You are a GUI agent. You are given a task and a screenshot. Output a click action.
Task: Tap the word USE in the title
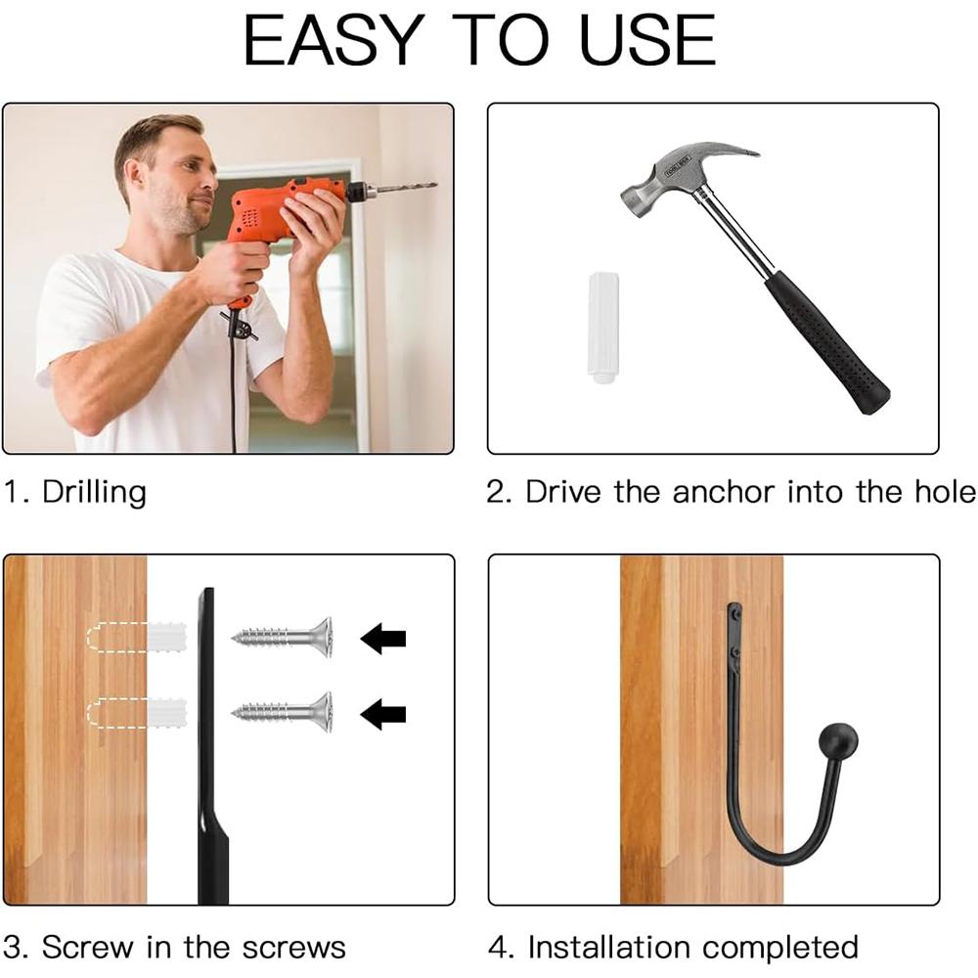click(648, 40)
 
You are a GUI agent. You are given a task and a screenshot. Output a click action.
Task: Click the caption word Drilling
click(94, 491)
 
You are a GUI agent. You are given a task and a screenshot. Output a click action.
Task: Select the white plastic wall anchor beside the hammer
click(602, 328)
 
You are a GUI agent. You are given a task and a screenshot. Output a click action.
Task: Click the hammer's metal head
click(685, 171)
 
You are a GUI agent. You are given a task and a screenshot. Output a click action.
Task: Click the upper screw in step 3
click(284, 637)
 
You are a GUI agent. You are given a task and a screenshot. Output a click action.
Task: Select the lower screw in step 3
click(284, 712)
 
